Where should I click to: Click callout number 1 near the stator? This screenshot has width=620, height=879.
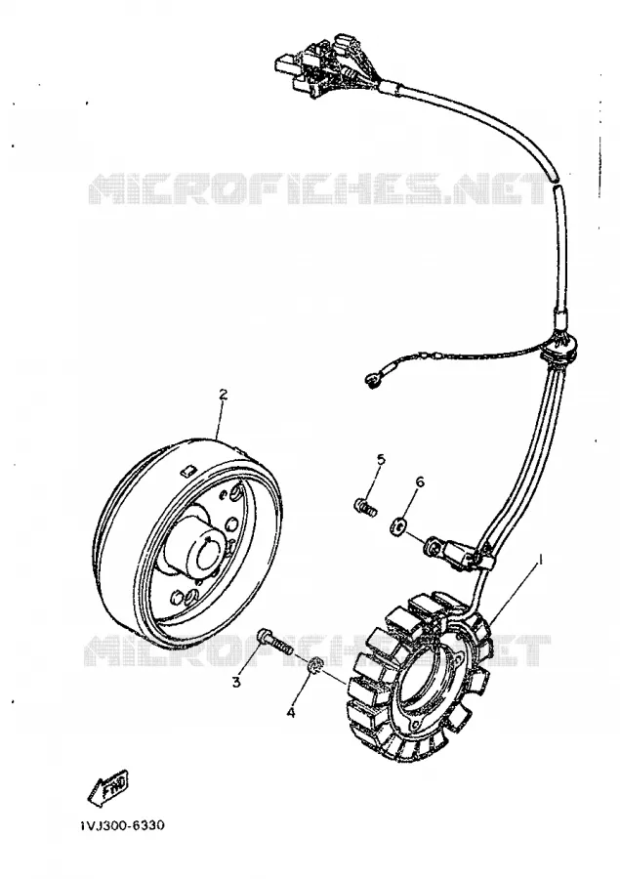pyautogui.click(x=541, y=558)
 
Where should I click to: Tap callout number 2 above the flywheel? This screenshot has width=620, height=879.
pyautogui.click(x=224, y=395)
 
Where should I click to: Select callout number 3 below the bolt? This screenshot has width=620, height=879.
pyautogui.click(x=236, y=682)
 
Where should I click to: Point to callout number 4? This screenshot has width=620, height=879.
pyautogui.click(x=290, y=713)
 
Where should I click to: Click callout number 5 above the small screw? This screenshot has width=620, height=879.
pyautogui.click(x=381, y=460)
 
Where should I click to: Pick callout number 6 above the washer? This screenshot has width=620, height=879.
pyautogui.click(x=420, y=482)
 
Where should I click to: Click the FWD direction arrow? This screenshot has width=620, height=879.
pyautogui.click(x=107, y=785)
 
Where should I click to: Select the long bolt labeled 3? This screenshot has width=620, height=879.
pyautogui.click(x=275, y=643)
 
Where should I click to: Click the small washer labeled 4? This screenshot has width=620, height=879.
pyautogui.click(x=315, y=665)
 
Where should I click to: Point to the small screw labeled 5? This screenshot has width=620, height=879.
pyautogui.click(x=365, y=506)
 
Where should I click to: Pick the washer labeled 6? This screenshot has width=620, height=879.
pyautogui.click(x=398, y=526)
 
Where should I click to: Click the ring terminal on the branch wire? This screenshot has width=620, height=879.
pyautogui.click(x=371, y=381)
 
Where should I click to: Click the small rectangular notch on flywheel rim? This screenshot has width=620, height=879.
pyautogui.click(x=187, y=470)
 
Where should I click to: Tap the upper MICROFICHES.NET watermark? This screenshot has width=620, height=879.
pyautogui.click(x=318, y=188)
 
